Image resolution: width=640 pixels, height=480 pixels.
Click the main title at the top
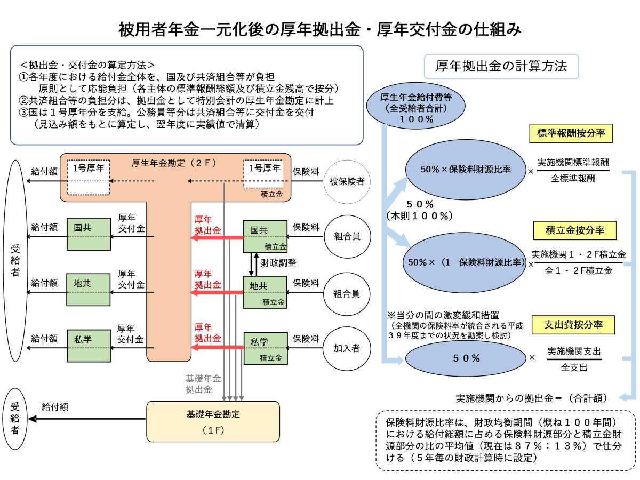point(320,29)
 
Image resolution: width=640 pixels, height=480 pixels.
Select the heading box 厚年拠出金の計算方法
point(501,67)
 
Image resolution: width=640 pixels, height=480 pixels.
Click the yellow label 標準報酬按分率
point(571,133)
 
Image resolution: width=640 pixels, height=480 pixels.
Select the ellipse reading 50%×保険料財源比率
point(466,169)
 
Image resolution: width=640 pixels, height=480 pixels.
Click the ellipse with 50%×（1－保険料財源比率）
point(466,262)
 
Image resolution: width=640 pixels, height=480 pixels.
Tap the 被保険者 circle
point(347,182)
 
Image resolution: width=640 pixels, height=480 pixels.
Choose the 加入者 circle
point(347,348)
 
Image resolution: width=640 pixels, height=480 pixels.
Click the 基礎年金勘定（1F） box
point(213,421)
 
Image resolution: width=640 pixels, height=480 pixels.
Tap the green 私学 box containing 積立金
point(266,348)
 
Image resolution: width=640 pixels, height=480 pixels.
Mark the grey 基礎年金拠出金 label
point(203,384)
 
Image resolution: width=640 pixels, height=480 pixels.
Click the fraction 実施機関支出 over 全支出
point(574,359)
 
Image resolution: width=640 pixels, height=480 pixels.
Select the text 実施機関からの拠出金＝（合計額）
point(533,398)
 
